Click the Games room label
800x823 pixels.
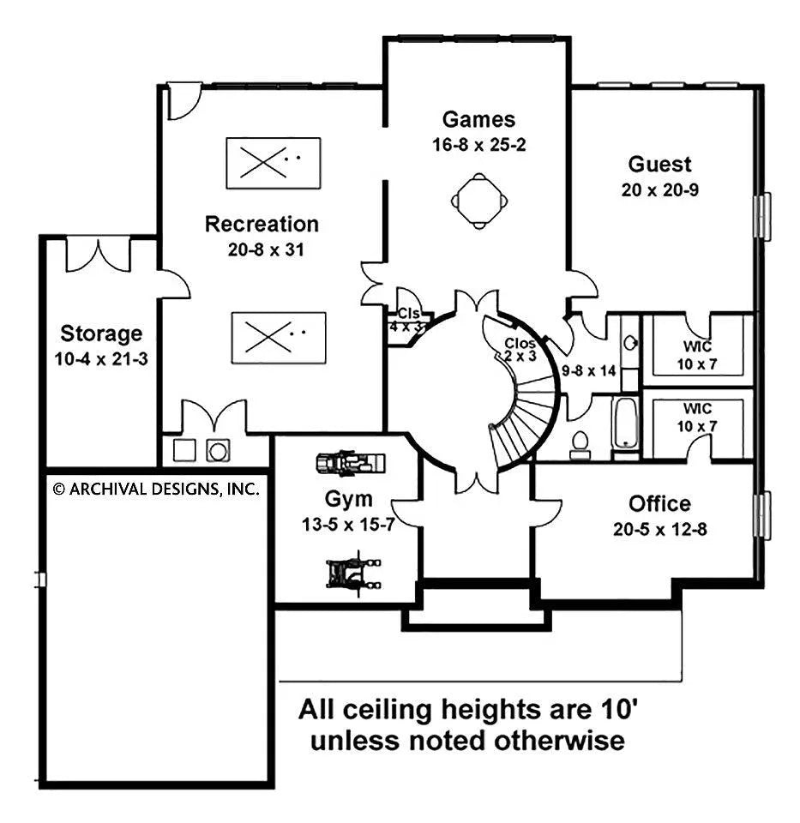pos(478,119)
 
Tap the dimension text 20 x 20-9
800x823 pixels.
pos(660,190)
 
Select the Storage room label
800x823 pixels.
pos(101,333)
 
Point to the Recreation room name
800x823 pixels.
pos(262,224)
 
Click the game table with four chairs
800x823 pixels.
pos(479,201)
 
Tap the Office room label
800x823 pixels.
pos(659,504)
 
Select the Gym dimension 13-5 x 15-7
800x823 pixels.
pos(348,525)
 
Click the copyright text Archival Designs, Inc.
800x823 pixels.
pos(156,490)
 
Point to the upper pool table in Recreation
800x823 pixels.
pos(273,163)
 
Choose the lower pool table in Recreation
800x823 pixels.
pos(278,338)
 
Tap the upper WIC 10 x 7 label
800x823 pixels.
pos(697,355)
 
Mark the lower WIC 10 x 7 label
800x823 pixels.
pos(697,418)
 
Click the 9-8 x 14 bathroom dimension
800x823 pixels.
pos(588,371)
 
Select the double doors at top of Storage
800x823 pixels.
pos(98,255)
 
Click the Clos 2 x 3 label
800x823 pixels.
pos(519,350)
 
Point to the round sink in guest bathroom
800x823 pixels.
pos(630,343)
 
